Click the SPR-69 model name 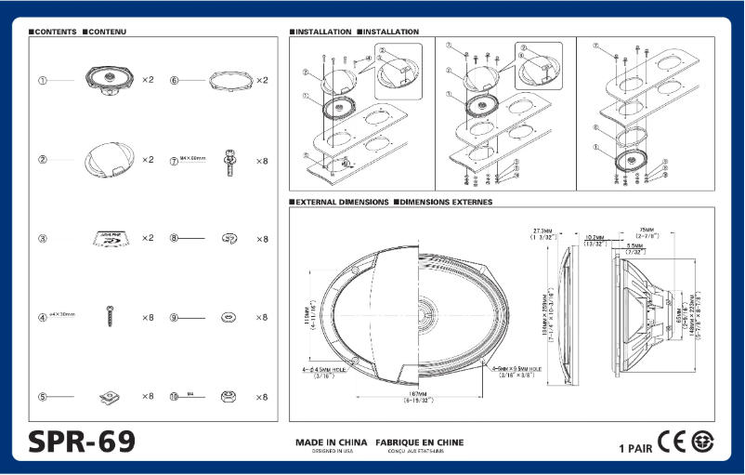tap(82, 441)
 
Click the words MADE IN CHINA tap(332, 442)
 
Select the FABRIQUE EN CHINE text tap(419, 442)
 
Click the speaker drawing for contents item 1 tap(110, 79)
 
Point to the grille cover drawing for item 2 tap(109, 159)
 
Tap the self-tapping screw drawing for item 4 tap(111, 316)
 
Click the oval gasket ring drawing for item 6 tap(229, 80)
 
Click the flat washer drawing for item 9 tap(229, 318)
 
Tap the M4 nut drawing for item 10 tap(229, 397)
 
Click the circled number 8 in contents tap(174, 239)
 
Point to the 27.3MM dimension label tap(543, 233)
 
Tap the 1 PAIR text tap(635, 448)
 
